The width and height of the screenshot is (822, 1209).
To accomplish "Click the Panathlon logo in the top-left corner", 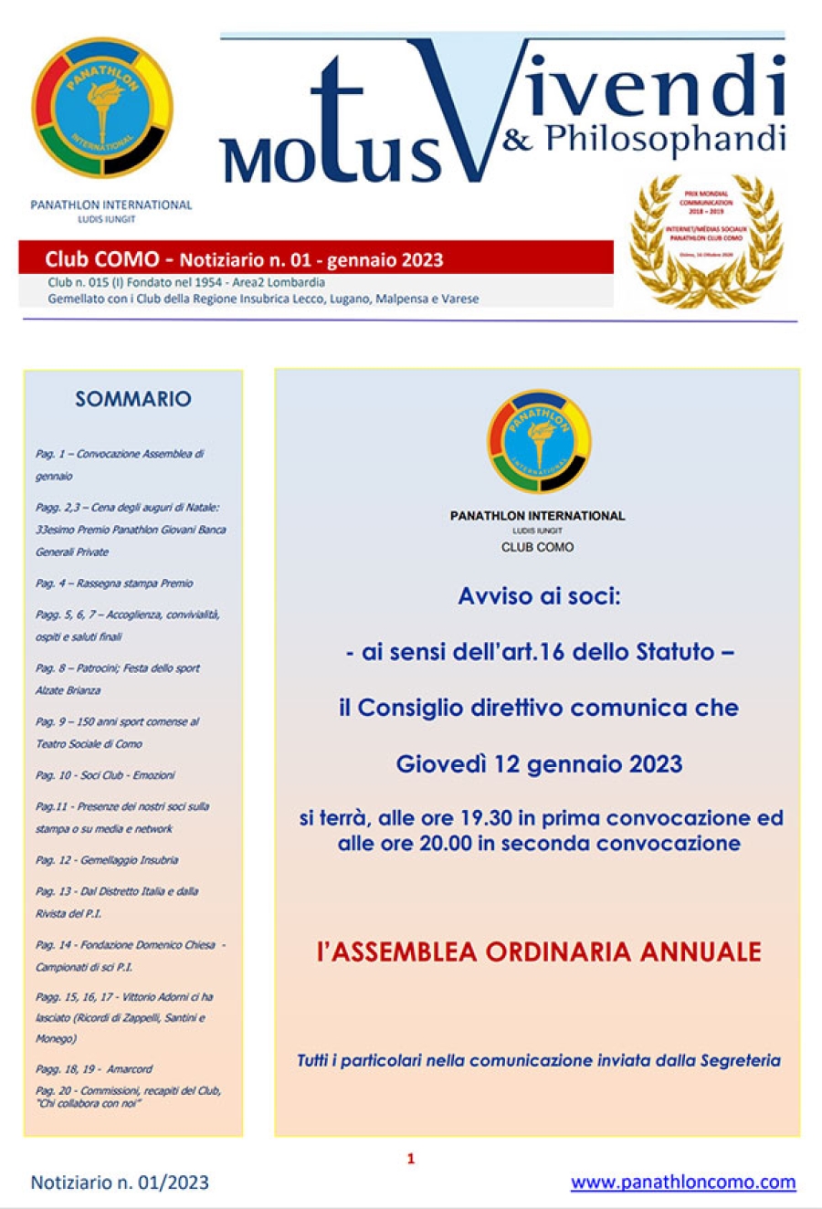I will point(101,108).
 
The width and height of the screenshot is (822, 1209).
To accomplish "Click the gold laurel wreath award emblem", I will point(706,240).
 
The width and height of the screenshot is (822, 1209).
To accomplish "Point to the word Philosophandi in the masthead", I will point(665,138).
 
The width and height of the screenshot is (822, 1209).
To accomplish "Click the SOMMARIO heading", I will point(133,398).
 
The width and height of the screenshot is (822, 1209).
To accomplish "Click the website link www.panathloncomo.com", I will point(682,1182).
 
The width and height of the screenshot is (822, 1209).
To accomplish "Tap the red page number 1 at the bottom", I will point(411,1158).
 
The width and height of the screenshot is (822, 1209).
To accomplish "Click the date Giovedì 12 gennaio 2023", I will point(539,763).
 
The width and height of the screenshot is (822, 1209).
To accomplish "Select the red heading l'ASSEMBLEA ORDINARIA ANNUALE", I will point(539,951).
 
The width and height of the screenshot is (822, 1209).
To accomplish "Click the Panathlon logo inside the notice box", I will point(539,441).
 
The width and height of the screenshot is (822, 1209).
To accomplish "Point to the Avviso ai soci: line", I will point(539,596).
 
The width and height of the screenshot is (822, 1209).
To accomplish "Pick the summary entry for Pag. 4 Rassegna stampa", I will point(114,583).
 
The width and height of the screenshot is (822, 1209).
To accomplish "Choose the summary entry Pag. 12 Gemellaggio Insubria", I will point(107,859).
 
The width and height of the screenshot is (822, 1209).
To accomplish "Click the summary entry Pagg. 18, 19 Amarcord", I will point(94,1068).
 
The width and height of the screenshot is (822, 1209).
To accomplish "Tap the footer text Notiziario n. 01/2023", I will point(120,1182).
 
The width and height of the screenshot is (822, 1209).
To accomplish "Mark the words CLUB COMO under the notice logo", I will point(538,547).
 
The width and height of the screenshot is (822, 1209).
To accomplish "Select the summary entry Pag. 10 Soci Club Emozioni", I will point(105,774).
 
